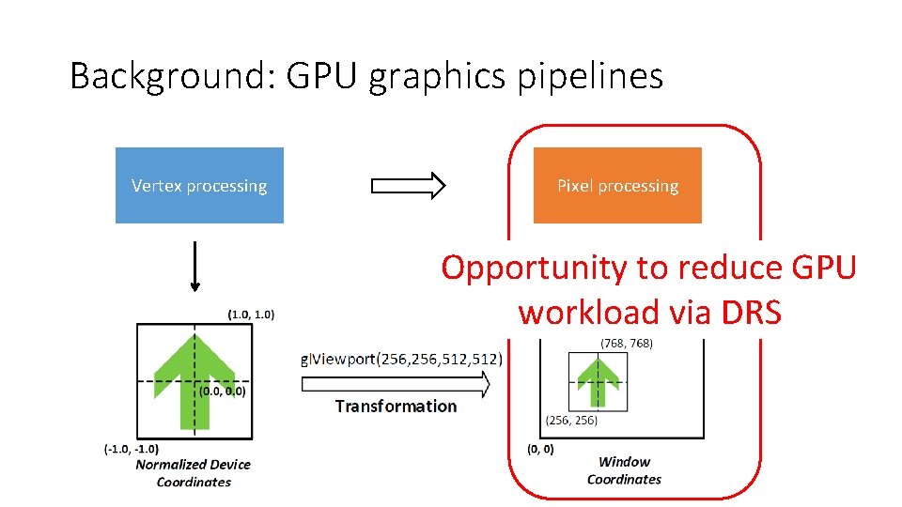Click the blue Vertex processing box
point(199,185)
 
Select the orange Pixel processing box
point(617,185)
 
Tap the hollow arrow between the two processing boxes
point(409,186)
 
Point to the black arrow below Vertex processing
point(194,269)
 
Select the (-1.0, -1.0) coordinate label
point(131,449)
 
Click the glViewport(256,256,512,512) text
point(401,359)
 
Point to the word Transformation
point(396,406)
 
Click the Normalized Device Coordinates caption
point(194,472)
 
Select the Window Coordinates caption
point(624,469)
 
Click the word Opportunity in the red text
point(534,269)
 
